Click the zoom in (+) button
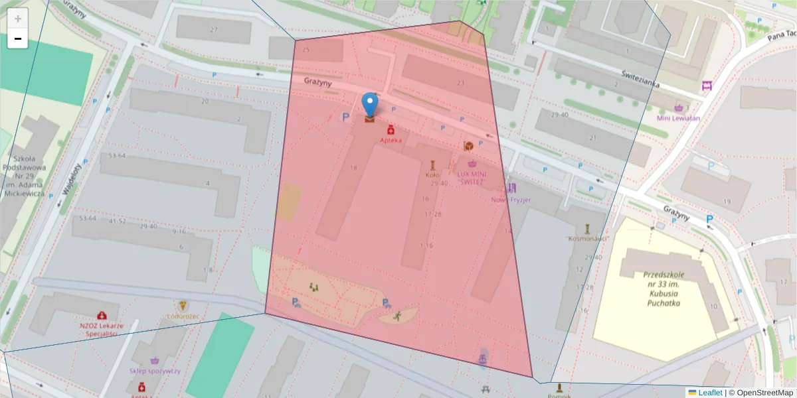point(18,19)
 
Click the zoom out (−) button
point(18,38)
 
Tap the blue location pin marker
point(370,106)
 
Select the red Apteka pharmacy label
point(391,140)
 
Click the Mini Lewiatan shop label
point(678,118)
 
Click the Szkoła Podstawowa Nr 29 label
point(24,176)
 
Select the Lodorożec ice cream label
point(183,317)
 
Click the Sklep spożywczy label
point(155,371)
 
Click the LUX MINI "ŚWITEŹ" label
point(472,177)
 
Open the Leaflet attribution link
point(709,393)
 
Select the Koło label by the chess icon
point(432,175)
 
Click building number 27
point(213,30)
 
